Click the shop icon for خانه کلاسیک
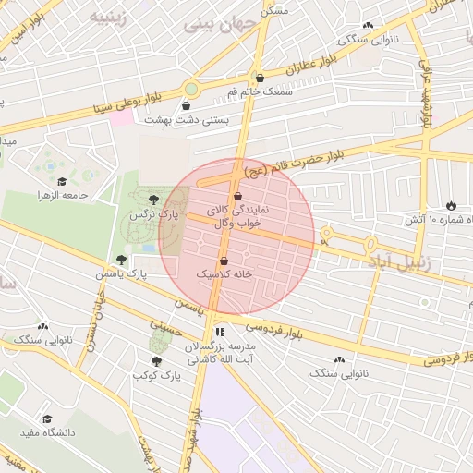224,261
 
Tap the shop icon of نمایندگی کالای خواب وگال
238,197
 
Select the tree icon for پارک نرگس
153,200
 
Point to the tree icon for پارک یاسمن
121,261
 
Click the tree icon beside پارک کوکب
155,361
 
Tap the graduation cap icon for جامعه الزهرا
62,181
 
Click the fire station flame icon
450,205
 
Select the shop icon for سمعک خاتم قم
260,79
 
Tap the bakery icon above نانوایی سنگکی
369,26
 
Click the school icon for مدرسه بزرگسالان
219,332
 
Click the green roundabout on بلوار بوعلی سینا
191,89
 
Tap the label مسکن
274,9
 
